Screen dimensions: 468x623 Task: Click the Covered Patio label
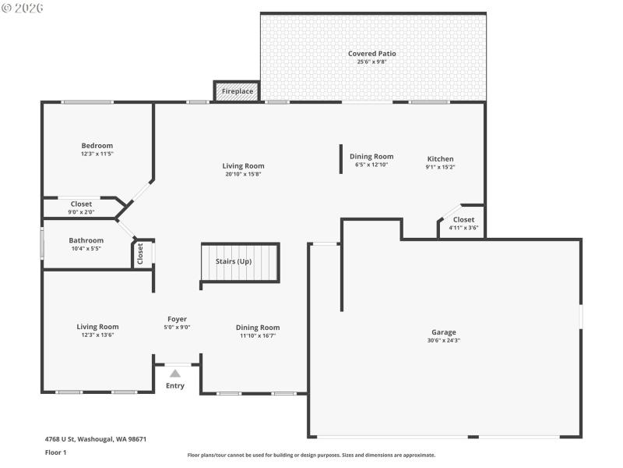371,54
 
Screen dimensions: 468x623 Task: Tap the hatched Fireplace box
238,91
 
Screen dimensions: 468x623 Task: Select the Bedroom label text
97,146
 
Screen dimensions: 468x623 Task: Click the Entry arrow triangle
175,374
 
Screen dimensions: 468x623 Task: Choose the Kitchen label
440,159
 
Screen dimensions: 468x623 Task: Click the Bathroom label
86,240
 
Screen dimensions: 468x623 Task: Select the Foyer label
177,318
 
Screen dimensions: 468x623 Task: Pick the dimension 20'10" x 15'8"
243,174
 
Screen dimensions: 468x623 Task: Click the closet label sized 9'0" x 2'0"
81,204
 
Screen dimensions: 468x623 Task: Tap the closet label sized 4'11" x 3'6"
463,220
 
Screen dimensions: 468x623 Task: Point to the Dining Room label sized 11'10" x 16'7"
258,328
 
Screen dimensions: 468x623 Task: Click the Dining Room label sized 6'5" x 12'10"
371,157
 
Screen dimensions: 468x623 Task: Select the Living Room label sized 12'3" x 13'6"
97,327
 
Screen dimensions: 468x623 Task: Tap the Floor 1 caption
56,452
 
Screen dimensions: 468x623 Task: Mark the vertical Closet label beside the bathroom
141,253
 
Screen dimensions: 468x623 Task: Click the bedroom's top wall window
88,102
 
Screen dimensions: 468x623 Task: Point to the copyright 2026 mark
23,7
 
